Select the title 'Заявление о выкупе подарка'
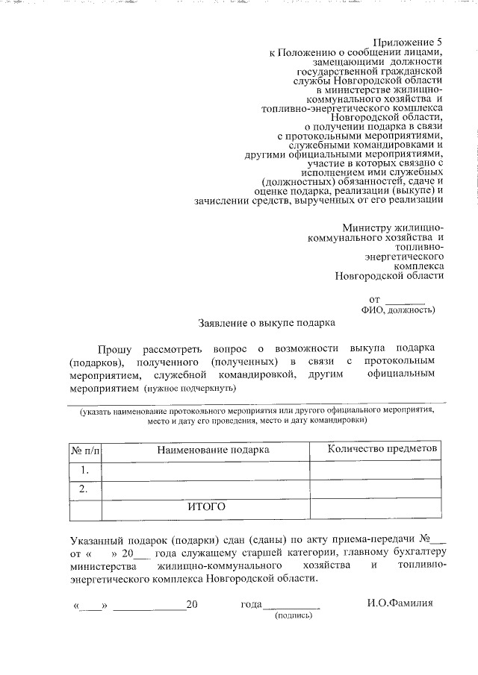point(267,323)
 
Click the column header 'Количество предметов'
point(383,448)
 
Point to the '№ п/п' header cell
point(85,450)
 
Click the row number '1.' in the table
point(85,470)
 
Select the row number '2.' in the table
point(85,489)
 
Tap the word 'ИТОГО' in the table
point(205,507)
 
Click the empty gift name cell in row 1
point(205,470)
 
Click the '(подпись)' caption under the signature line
point(294,616)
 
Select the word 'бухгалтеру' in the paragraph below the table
point(418,552)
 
